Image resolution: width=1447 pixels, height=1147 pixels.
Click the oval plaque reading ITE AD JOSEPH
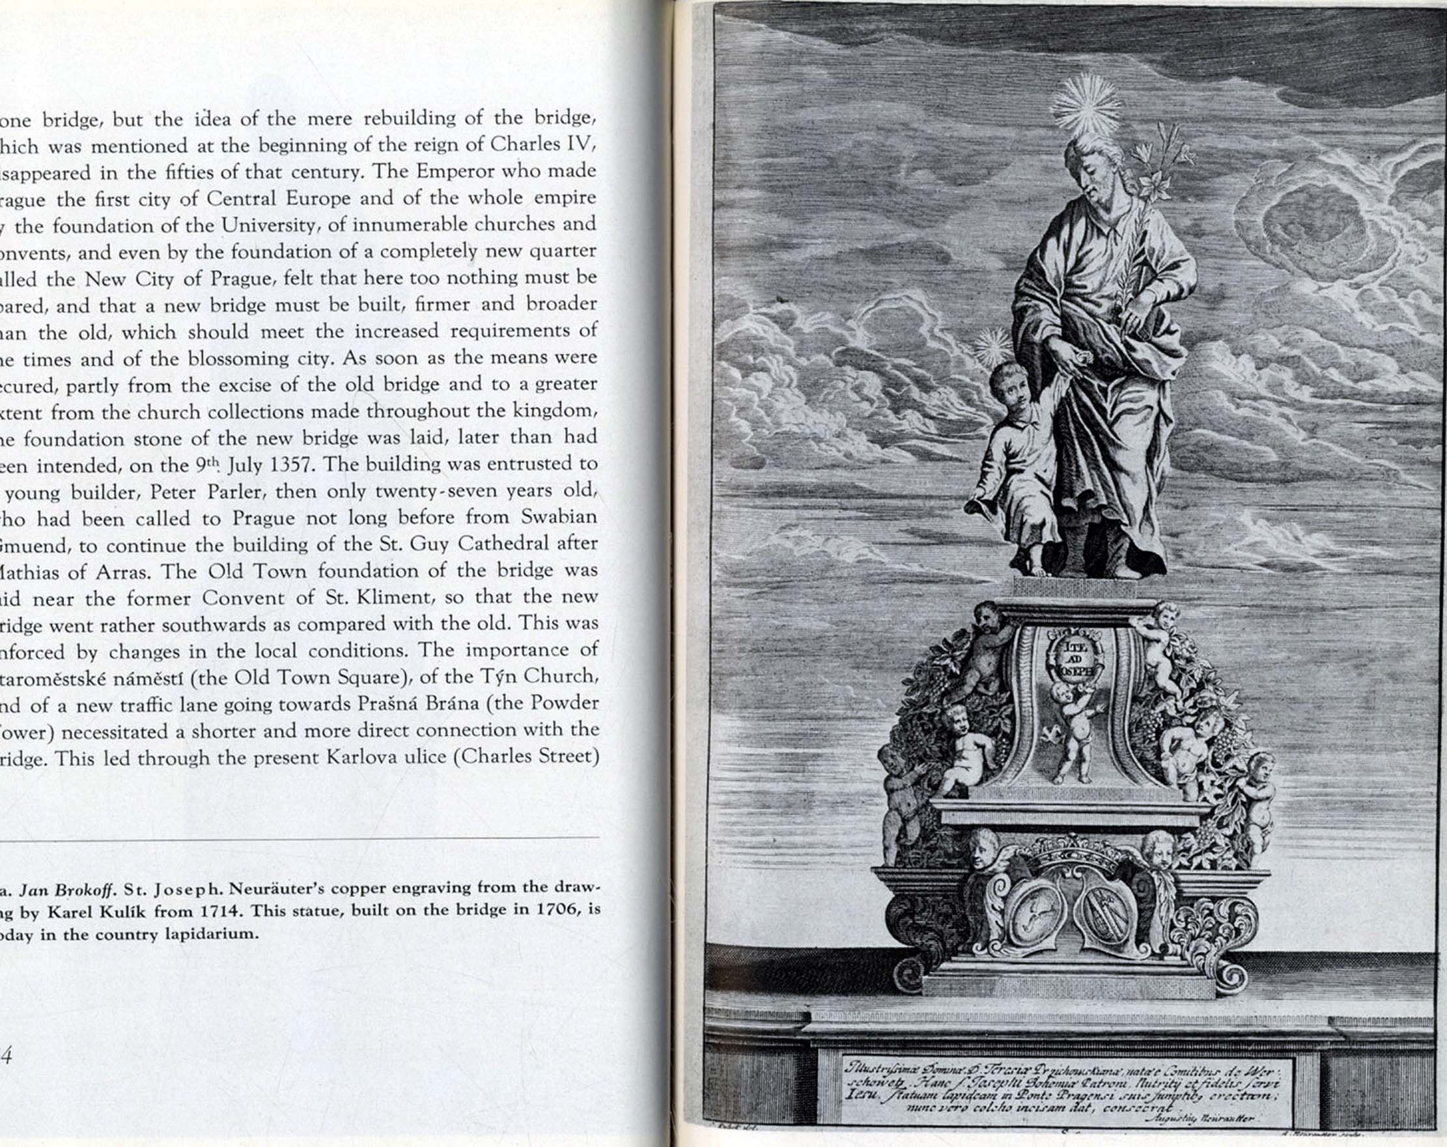tap(1074, 656)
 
